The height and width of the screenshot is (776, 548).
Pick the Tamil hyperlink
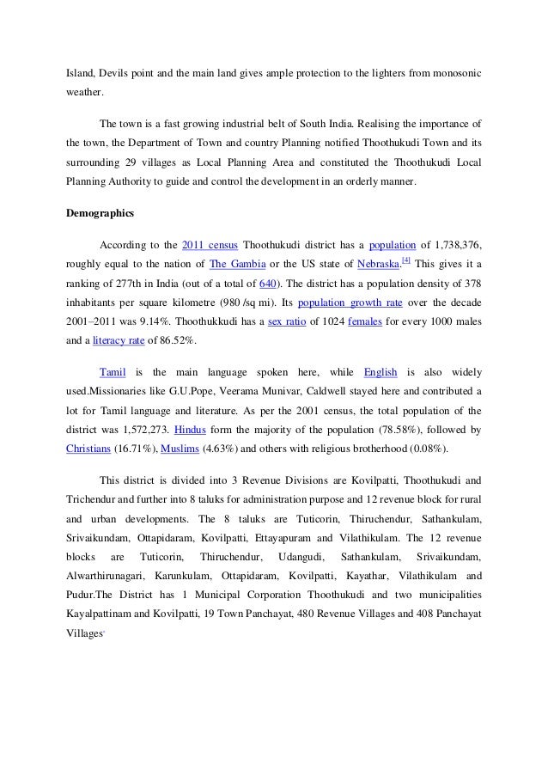click(x=113, y=373)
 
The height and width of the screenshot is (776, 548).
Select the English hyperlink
click(x=381, y=373)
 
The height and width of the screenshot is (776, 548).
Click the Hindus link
click(x=190, y=428)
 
